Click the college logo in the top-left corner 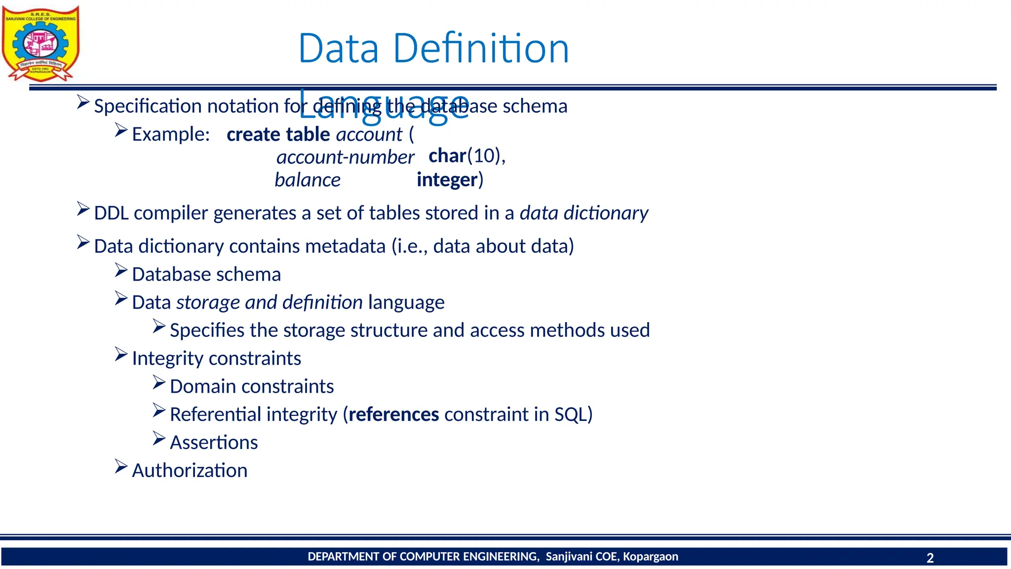pyautogui.click(x=40, y=43)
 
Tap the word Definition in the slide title pyautogui.click(x=481, y=48)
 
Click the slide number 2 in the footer pyautogui.click(x=930, y=558)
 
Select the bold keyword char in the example pyautogui.click(x=447, y=156)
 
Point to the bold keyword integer pyautogui.click(x=447, y=180)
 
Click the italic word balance pyautogui.click(x=308, y=180)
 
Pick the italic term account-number pyautogui.click(x=345, y=158)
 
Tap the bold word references pyautogui.click(x=393, y=414)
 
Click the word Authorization pyautogui.click(x=190, y=471)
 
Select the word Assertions pyautogui.click(x=214, y=443)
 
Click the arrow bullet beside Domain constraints pyautogui.click(x=159, y=383)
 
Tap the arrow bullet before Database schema pyautogui.click(x=121, y=271)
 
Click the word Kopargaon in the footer pyautogui.click(x=650, y=557)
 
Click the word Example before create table pyautogui.click(x=170, y=134)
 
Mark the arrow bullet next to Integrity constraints pyautogui.click(x=121, y=355)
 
